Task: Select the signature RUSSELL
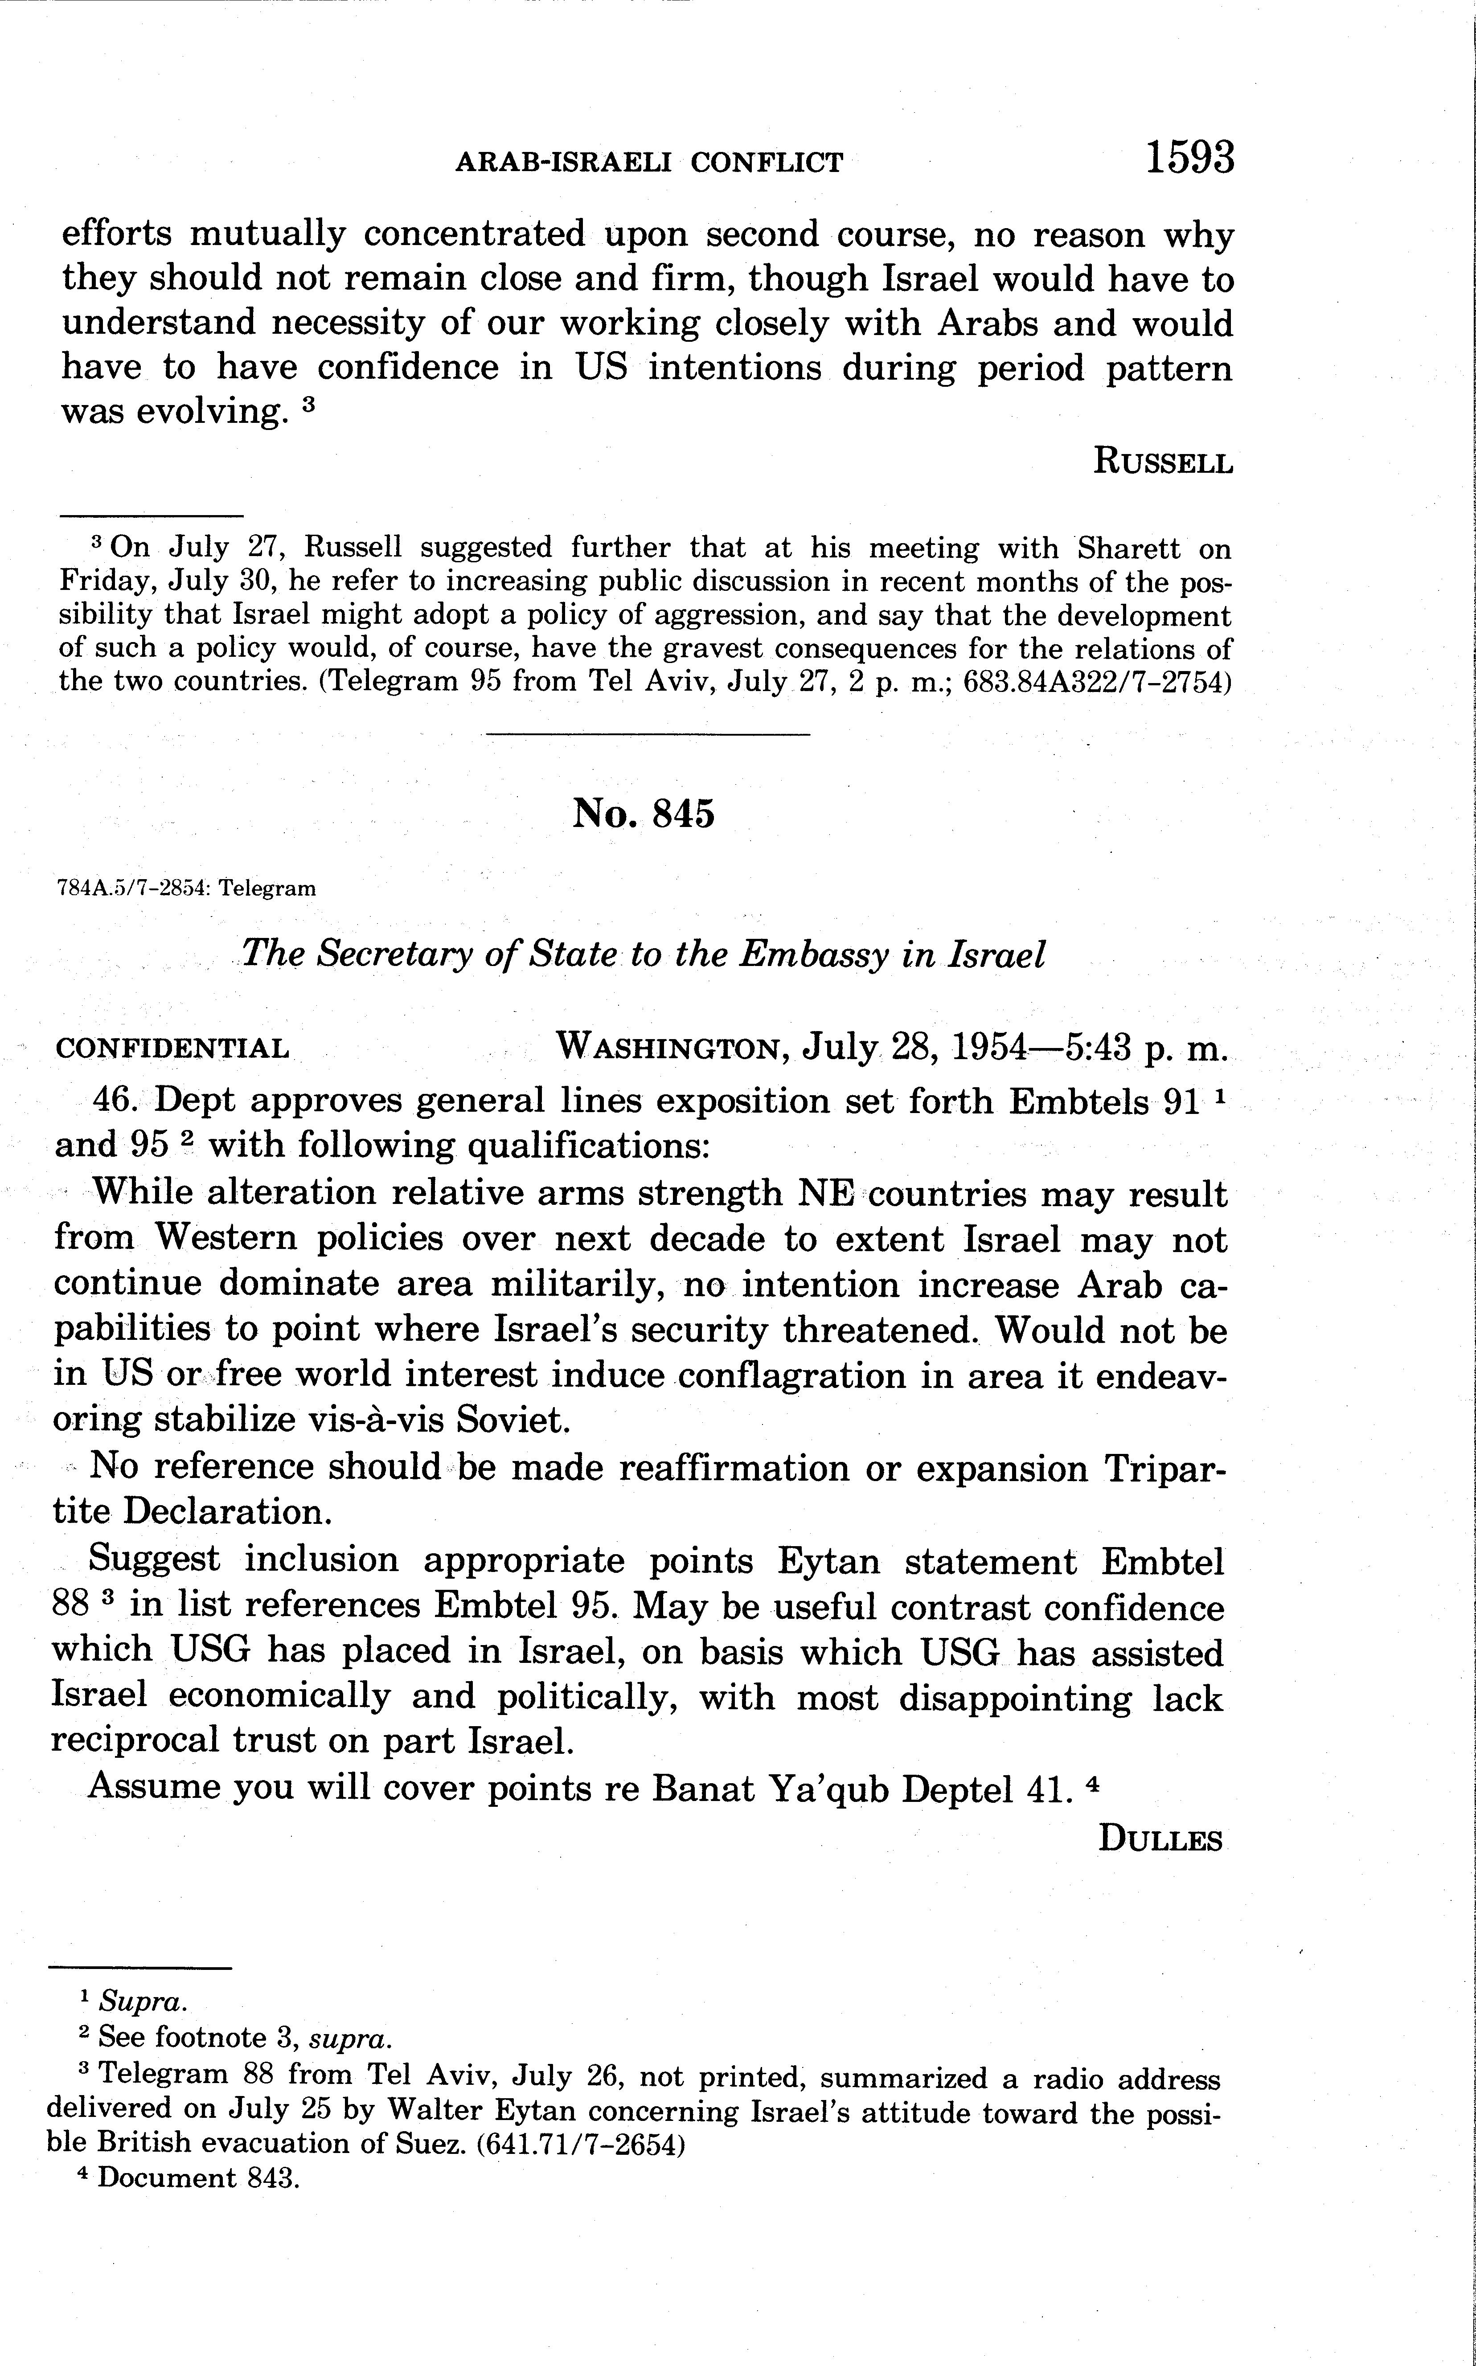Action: [x=1163, y=461]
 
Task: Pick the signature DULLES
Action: [x=1160, y=1839]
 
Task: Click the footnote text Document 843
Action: [x=198, y=2178]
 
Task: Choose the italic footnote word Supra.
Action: [x=147, y=2002]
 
